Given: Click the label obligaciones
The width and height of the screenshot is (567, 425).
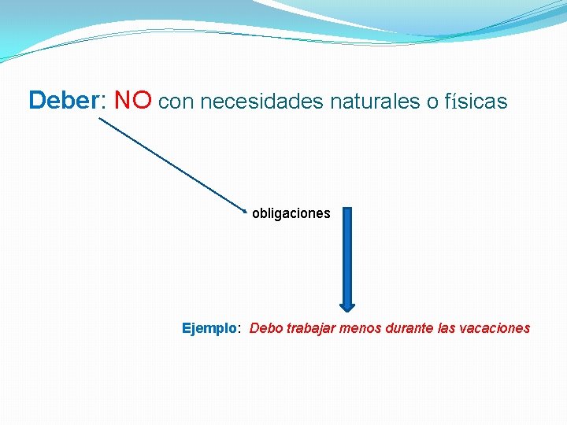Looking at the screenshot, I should pos(291,213).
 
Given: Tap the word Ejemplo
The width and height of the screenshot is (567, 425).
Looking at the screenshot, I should pos(209,328).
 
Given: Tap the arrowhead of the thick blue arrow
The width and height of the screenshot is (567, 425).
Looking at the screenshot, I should pos(347,306).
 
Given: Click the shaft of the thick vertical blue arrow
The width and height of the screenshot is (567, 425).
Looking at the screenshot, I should pos(347,252).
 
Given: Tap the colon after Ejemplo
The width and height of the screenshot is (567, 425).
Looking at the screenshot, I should pos(239,329).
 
